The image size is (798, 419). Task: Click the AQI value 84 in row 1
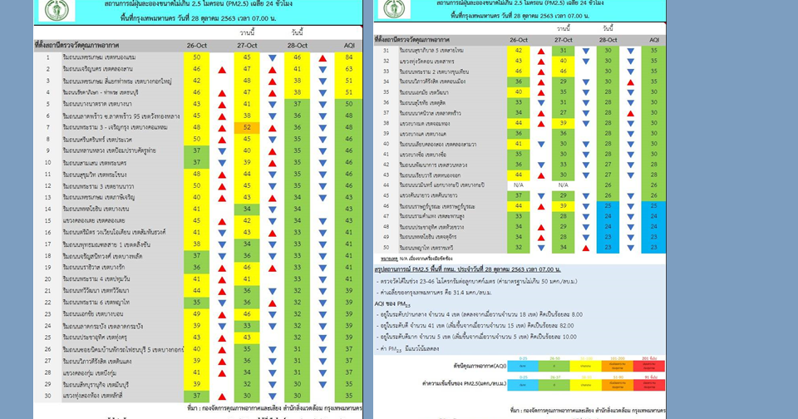click(349, 57)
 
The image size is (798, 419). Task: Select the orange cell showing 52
click(248, 127)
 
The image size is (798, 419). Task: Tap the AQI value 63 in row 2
click(349, 69)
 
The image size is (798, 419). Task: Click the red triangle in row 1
click(322, 57)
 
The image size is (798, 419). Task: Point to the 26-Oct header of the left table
click(197, 42)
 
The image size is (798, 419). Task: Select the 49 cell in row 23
click(197, 314)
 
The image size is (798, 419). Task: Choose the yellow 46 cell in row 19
click(248, 268)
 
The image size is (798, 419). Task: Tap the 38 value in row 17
click(197, 244)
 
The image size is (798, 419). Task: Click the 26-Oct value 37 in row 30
click(197, 395)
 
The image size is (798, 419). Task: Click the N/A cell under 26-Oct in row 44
click(519, 185)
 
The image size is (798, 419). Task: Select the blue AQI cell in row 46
click(654, 206)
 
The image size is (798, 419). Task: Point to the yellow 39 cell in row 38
click(564, 123)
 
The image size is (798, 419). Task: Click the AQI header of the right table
click(654, 40)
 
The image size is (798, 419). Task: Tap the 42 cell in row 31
click(519, 51)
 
